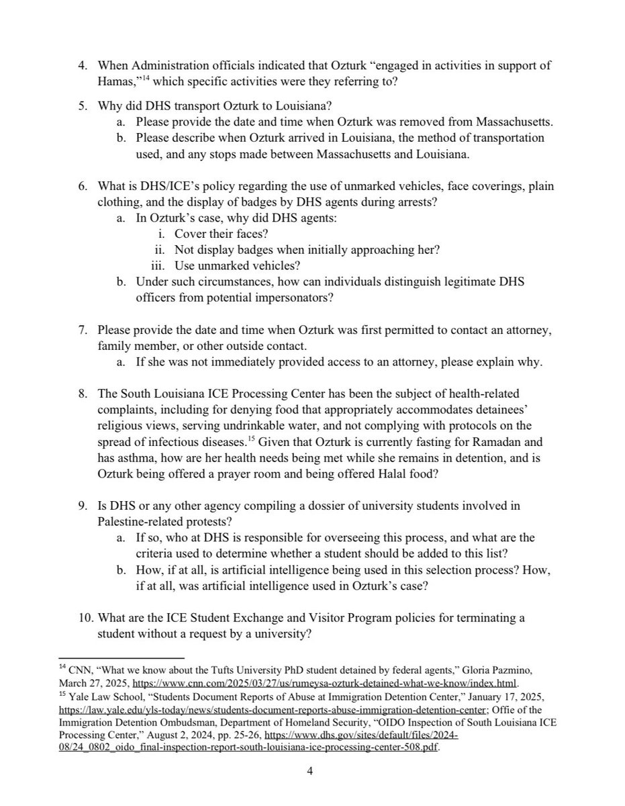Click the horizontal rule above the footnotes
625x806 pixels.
[122, 658]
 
